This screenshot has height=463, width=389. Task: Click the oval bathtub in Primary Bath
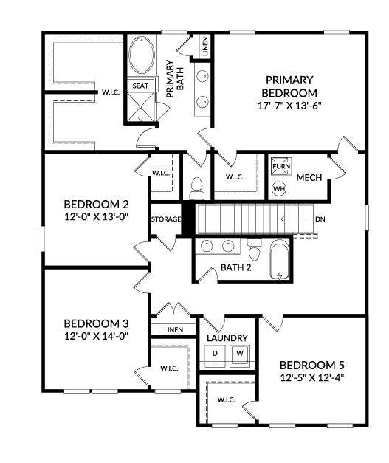142,55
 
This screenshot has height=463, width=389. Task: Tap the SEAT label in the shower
140,86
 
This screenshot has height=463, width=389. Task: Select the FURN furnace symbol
281,166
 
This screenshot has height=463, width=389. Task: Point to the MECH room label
309,177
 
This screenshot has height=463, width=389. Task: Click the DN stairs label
320,219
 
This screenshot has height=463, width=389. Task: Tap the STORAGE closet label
166,219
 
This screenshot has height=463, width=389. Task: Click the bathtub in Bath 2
279,259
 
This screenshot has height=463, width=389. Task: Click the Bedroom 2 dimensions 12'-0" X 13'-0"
96,217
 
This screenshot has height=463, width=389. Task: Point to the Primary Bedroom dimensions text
289,106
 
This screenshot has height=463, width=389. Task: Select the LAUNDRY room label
227,338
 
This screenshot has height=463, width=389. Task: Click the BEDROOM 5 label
312,366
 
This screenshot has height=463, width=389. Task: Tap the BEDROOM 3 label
96,323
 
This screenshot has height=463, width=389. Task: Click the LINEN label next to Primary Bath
205,47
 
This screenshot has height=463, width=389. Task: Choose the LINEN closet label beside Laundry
173,329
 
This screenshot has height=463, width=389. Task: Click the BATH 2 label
235,267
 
